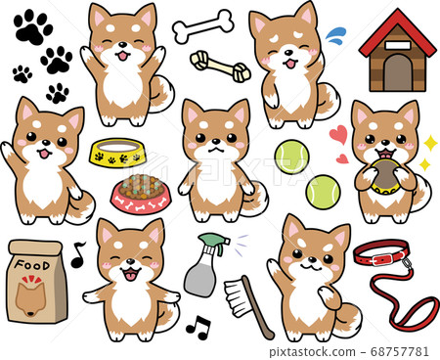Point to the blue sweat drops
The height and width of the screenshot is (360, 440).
click(334, 36)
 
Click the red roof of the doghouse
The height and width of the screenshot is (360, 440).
click(397, 33)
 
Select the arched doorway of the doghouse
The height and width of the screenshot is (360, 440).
click(397, 72)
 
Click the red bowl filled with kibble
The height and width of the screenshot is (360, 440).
click(141, 194)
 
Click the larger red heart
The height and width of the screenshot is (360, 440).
click(337, 134)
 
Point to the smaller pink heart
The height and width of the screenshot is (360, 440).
click(341, 157)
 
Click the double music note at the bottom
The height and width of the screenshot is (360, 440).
click(198, 328)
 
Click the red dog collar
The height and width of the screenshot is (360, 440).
click(383, 255)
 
